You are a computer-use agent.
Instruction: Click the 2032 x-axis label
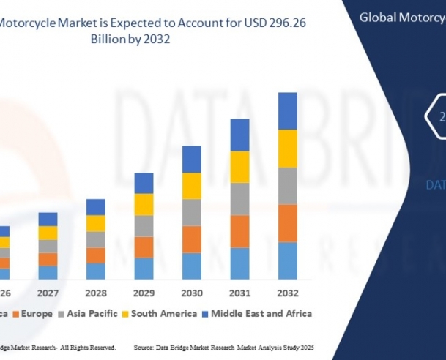coord(288,292)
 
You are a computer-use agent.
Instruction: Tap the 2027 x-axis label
coord(48,292)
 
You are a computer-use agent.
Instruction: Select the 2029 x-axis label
coord(144,292)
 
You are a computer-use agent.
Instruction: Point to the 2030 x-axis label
coord(192,292)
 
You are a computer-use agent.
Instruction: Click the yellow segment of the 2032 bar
coord(288,148)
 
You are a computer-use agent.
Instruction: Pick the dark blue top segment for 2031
coord(240,135)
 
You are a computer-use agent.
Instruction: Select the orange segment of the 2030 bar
coord(192,239)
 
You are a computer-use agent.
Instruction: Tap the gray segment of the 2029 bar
coord(144,225)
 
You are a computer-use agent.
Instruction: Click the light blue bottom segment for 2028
coord(96,271)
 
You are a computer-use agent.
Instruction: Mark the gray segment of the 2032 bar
coord(288,186)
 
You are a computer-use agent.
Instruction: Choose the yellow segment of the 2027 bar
coord(48,233)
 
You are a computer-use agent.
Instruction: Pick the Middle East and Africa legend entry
coord(260,313)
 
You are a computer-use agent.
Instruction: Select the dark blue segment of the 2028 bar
coord(96,206)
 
